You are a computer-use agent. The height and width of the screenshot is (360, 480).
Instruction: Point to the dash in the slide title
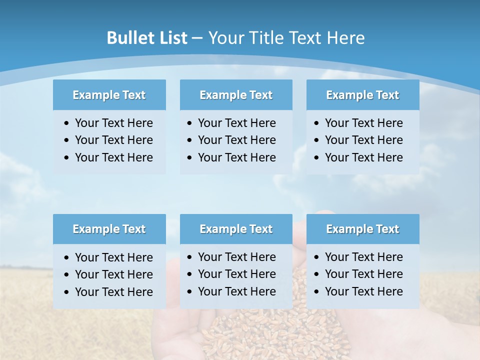coord(197,38)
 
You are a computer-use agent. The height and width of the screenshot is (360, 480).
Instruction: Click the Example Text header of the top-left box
coord(109,95)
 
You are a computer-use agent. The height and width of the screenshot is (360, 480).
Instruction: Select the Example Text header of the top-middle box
coord(236,95)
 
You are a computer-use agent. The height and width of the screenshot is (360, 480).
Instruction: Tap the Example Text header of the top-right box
coord(362,95)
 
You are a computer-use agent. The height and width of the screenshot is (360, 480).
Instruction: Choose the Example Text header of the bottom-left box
coord(109,229)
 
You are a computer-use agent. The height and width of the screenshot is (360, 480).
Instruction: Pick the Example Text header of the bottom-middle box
coord(236,229)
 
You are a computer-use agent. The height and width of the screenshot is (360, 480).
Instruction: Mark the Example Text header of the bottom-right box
coord(362,229)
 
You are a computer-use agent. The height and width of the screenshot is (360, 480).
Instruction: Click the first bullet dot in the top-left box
coord(67,123)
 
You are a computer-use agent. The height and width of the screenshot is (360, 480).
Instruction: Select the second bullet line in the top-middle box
coord(236,140)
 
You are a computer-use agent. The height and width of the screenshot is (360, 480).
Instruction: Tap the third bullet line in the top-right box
coord(363,157)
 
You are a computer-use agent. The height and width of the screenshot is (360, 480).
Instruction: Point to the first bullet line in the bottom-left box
coord(113,257)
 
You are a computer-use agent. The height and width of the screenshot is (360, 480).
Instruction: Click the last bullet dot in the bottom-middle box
coord(190,292)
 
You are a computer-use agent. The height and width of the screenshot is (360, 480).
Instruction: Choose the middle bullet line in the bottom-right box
coord(363,274)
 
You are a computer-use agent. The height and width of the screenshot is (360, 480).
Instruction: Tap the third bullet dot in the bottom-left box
coord(67,292)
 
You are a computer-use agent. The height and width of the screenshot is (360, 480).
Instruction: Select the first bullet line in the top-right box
coord(363,123)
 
